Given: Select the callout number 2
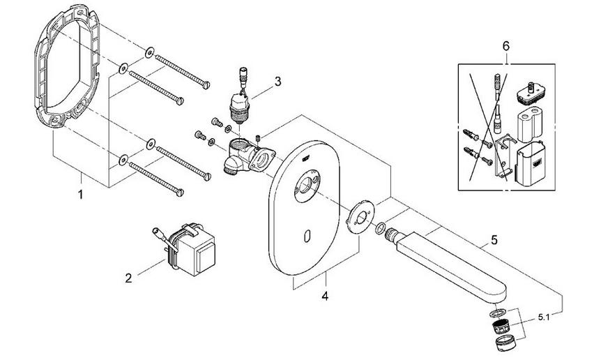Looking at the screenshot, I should pyautogui.click(x=128, y=278).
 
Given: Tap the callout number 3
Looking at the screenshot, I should pyautogui.click(x=277, y=81).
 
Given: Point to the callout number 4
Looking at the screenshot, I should pyautogui.click(x=324, y=296).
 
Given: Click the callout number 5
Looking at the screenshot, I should pyautogui.click(x=494, y=240).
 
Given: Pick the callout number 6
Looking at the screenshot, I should pyautogui.click(x=507, y=46).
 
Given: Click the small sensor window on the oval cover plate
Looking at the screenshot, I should pyautogui.click(x=308, y=238).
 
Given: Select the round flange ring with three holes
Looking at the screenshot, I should pyautogui.click(x=360, y=215).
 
